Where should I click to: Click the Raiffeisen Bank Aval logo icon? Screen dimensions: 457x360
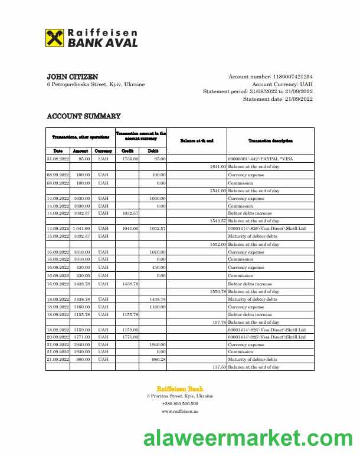pos(55,38)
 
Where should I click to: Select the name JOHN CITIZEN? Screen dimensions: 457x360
pos(73,77)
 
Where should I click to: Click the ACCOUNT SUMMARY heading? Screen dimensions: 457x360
pos(84,117)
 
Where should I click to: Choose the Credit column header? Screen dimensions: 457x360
pos(127,151)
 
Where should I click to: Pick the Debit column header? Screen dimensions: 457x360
pos(152,151)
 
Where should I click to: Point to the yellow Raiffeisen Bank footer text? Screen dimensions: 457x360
pos(180,389)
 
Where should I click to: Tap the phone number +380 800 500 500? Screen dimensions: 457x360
pos(180,403)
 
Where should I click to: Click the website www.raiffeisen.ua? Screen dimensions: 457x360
pos(180,411)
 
